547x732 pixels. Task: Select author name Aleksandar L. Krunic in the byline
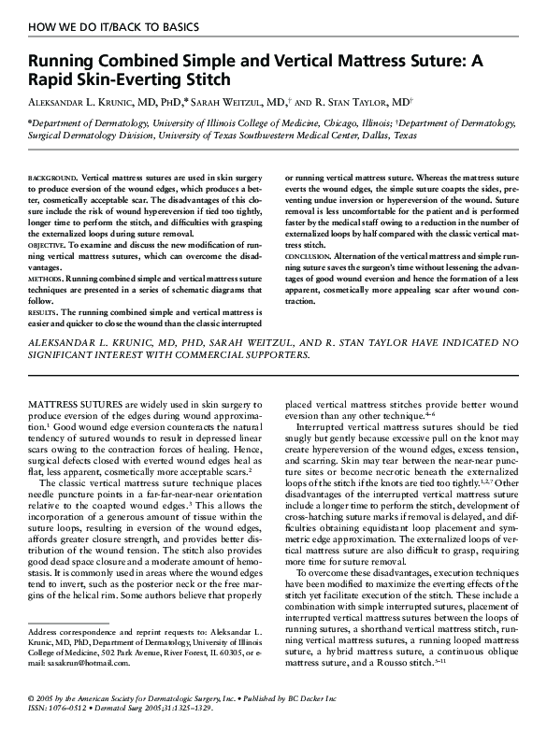83,102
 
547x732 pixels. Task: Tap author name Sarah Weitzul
245,102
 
